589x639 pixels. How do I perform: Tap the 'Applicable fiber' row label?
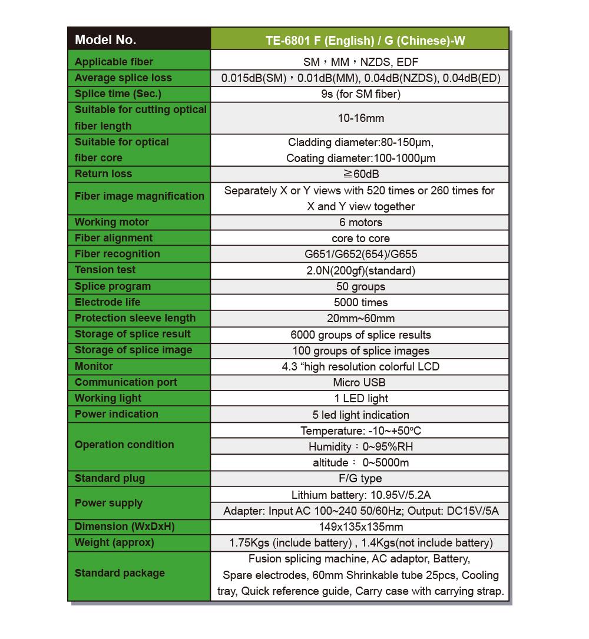click(x=114, y=62)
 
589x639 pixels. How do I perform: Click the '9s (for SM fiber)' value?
click(x=360, y=94)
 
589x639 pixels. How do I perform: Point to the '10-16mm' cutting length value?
click(x=360, y=118)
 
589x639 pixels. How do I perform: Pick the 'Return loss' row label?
click(x=104, y=174)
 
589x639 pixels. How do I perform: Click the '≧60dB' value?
click(x=360, y=174)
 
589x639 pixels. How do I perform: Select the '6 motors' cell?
click(x=360, y=222)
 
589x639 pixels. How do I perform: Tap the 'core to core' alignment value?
click(x=360, y=239)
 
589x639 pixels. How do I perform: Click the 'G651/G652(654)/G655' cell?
click(x=360, y=254)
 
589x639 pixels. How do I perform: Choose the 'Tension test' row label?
click(x=105, y=270)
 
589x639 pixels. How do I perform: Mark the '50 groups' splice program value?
click(x=360, y=287)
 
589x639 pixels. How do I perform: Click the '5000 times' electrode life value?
click(x=360, y=303)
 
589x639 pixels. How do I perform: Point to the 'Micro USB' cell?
click(x=360, y=382)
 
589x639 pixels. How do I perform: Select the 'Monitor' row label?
click(x=94, y=366)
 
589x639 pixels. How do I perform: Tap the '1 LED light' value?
click(x=360, y=399)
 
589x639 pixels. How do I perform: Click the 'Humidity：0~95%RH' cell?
click(x=360, y=446)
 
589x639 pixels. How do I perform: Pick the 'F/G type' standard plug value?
click(x=360, y=478)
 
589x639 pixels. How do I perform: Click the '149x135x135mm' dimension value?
click(x=360, y=527)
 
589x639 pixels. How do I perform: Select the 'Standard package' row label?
click(x=120, y=573)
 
